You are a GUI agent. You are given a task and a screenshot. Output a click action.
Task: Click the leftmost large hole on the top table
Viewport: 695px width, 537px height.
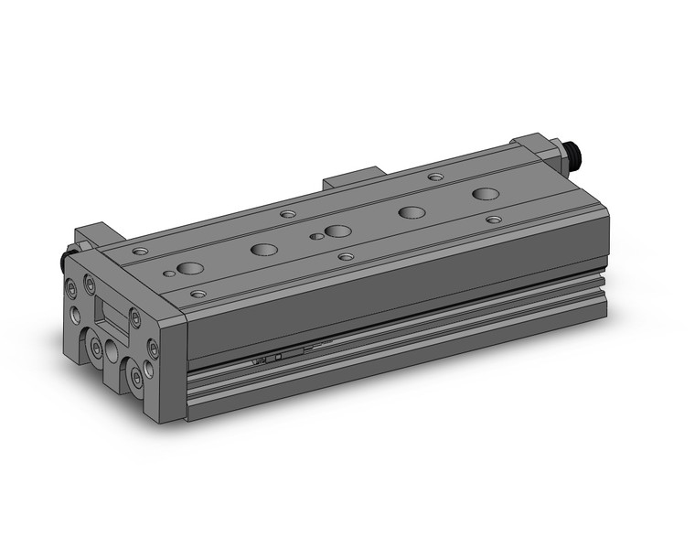(x=191, y=268)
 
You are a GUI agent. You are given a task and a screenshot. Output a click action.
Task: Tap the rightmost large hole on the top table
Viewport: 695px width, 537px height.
(x=486, y=194)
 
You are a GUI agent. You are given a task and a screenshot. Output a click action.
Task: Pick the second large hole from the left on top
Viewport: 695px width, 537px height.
(x=265, y=249)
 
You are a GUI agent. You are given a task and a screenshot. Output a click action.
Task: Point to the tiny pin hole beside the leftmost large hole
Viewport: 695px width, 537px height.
(x=170, y=273)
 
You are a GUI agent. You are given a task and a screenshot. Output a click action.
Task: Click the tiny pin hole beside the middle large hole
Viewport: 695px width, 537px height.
(x=315, y=236)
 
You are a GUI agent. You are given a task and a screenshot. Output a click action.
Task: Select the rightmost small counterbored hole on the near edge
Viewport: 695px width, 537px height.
(x=494, y=220)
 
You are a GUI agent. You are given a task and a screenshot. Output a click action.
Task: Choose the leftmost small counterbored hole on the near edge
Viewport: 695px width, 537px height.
(x=198, y=295)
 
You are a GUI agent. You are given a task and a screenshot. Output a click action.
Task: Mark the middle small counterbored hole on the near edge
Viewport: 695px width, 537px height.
(x=345, y=257)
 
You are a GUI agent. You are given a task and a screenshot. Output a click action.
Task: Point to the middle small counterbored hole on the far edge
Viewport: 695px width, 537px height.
(x=287, y=213)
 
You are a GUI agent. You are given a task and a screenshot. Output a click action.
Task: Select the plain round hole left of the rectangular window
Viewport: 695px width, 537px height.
(x=76, y=317)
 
